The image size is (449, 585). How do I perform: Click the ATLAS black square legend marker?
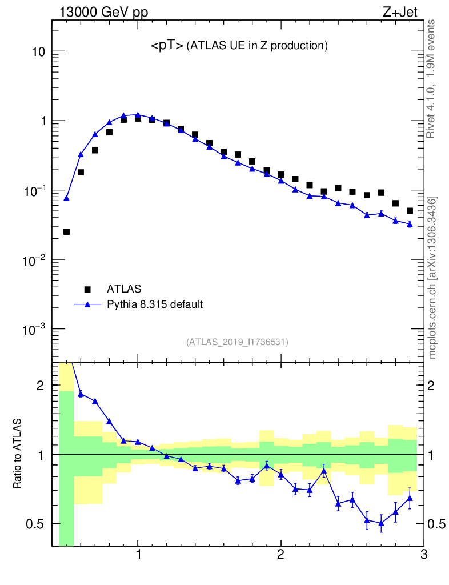pos(87,289)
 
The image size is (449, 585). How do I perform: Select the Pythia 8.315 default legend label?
pos(155,304)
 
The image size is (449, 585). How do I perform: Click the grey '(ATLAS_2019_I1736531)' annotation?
pos(237,342)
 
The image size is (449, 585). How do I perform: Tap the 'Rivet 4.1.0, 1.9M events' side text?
pos(431,78)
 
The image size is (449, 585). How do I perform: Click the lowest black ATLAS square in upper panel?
pos(66,231)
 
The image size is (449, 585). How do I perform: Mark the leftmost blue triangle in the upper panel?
pos(66,198)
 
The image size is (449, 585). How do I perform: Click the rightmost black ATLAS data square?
pos(409,211)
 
